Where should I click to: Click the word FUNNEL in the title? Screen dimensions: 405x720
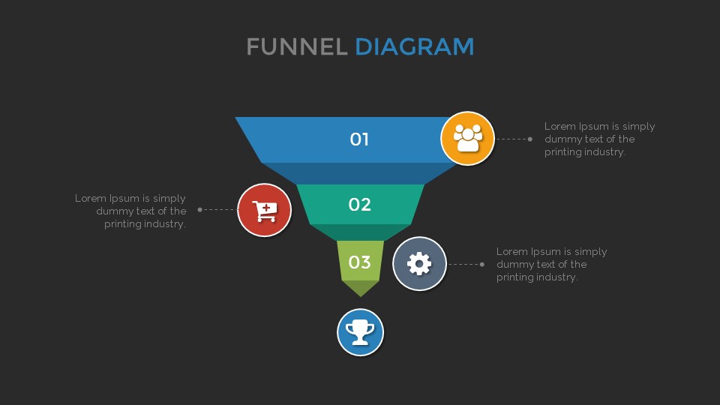pyautogui.click(x=297, y=46)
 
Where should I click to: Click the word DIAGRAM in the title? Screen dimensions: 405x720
pyautogui.click(x=414, y=46)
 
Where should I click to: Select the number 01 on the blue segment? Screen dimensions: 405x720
pyautogui.click(x=360, y=139)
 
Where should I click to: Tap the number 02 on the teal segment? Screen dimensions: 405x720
pyautogui.click(x=360, y=204)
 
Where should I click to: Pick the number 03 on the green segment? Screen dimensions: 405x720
pyautogui.click(x=360, y=262)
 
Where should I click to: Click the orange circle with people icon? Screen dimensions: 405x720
pyautogui.click(x=468, y=138)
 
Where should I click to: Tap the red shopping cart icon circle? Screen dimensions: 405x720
pyautogui.click(x=264, y=210)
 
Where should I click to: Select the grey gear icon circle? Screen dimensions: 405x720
pyautogui.click(x=419, y=263)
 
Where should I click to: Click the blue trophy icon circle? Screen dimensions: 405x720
pyautogui.click(x=360, y=331)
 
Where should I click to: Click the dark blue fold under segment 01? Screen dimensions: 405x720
pyautogui.click(x=360, y=172)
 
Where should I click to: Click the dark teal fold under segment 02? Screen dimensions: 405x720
pyautogui.click(x=361, y=232)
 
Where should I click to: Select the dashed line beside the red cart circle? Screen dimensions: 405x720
pyautogui.click(x=219, y=209)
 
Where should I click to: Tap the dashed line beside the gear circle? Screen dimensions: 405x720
pyautogui.click(x=463, y=264)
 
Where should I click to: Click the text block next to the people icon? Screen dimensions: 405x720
pyautogui.click(x=599, y=139)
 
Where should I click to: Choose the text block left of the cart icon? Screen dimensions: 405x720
pyautogui.click(x=131, y=211)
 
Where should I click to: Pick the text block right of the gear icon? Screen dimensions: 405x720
pyautogui.click(x=551, y=264)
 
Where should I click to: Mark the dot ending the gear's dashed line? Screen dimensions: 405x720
pyautogui.click(x=481, y=264)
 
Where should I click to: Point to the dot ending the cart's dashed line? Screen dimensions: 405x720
pyautogui.click(x=199, y=209)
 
